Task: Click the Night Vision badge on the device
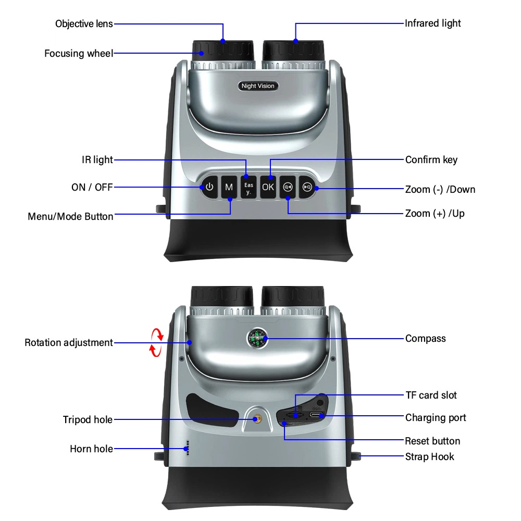(257, 86)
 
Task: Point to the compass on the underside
(257, 339)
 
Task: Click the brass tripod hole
(257, 418)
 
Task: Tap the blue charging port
(316, 415)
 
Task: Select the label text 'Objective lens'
(84, 24)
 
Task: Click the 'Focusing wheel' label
(79, 53)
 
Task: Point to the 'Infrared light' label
(433, 23)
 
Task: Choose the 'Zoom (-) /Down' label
(440, 189)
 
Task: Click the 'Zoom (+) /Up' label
(435, 214)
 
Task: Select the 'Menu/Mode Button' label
(70, 216)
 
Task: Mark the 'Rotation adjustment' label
(69, 343)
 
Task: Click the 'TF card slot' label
(431, 395)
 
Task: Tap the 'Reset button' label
(432, 441)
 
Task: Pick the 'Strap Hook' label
(430, 457)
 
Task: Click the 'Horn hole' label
(91, 449)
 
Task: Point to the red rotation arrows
(157, 342)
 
